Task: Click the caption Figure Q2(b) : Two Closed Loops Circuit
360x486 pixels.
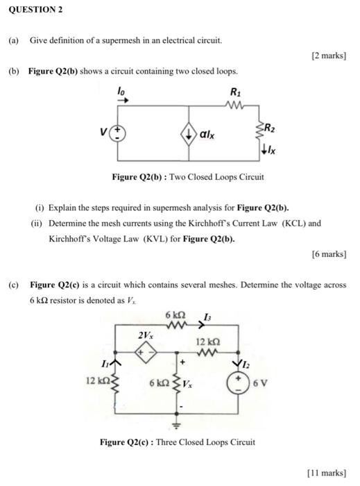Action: coord(188,177)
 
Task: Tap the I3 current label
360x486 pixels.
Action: coord(206,317)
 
